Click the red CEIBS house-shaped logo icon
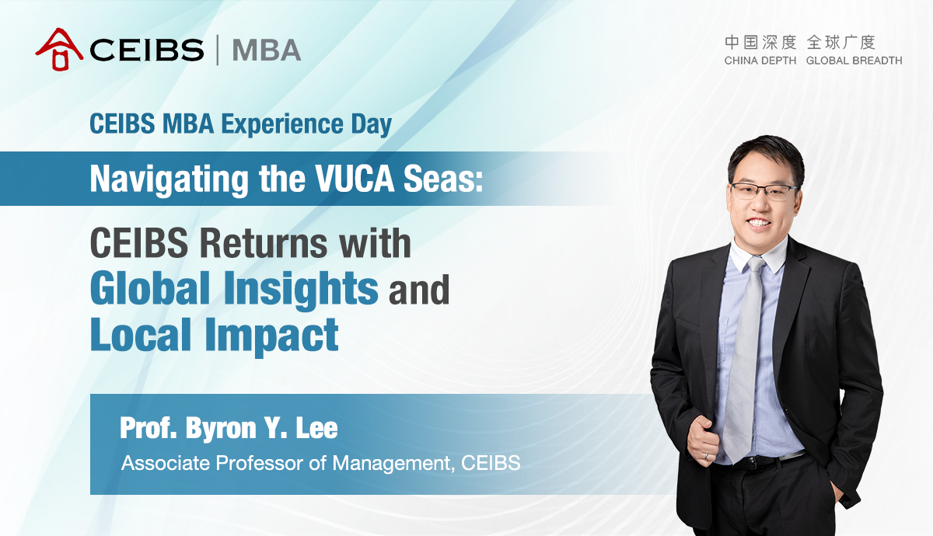[59, 49]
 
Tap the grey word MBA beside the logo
[267, 50]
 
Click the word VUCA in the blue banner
[354, 179]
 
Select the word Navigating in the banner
[169, 179]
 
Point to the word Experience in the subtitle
[283, 124]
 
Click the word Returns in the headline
[264, 243]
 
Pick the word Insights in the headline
[301, 289]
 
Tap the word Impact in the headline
[271, 336]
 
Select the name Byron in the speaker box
[220, 428]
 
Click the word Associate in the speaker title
[166, 463]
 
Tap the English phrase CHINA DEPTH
[760, 61]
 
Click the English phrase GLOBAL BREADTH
[854, 61]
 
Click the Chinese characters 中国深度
[760, 43]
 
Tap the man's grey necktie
[743, 358]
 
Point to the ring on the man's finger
[706, 456]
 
